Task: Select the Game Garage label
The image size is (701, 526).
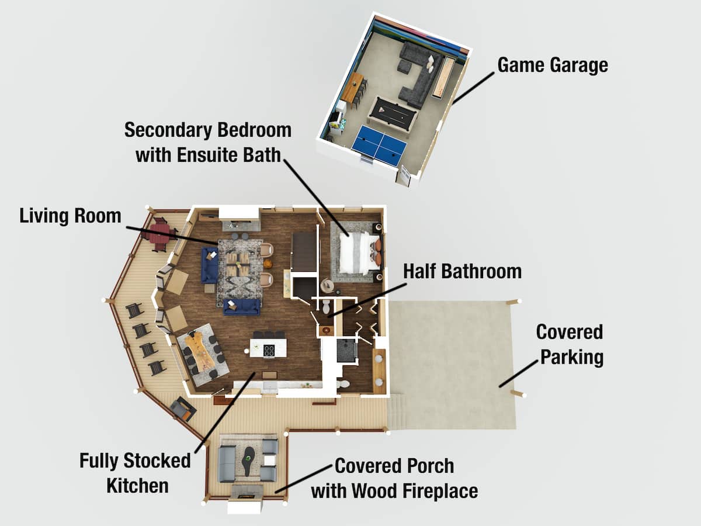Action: point(553,65)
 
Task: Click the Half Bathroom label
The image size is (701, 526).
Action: point(463,271)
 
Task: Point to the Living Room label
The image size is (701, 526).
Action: point(70,216)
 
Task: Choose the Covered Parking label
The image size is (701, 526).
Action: point(570,344)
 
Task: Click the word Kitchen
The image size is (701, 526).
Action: point(137,486)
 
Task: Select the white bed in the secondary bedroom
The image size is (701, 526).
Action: point(355,253)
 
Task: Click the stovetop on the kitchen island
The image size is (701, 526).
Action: point(269,350)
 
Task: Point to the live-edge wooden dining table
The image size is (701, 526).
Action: point(201,351)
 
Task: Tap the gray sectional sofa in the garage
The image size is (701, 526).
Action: point(418,74)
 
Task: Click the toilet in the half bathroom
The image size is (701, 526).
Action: point(327,306)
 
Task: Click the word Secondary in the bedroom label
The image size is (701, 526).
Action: point(168,130)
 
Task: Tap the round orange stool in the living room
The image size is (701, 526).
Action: point(268,264)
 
